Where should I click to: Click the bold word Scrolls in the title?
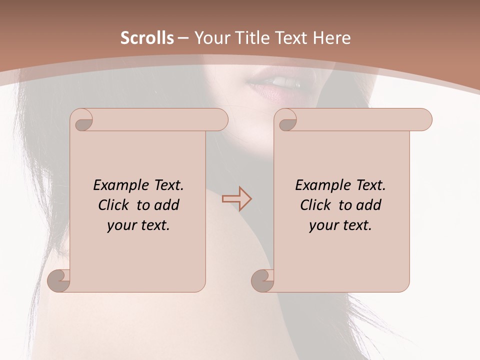[x=147, y=38]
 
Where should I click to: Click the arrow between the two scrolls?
[x=236, y=198]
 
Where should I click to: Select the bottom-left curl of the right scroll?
[x=263, y=280]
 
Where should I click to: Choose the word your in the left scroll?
[x=121, y=225]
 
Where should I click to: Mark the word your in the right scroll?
[x=323, y=225]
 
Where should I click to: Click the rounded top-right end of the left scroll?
[x=220, y=120]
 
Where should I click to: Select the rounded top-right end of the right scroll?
[x=424, y=120]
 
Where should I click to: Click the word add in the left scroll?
[x=167, y=205]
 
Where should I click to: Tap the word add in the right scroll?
[x=369, y=205]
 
